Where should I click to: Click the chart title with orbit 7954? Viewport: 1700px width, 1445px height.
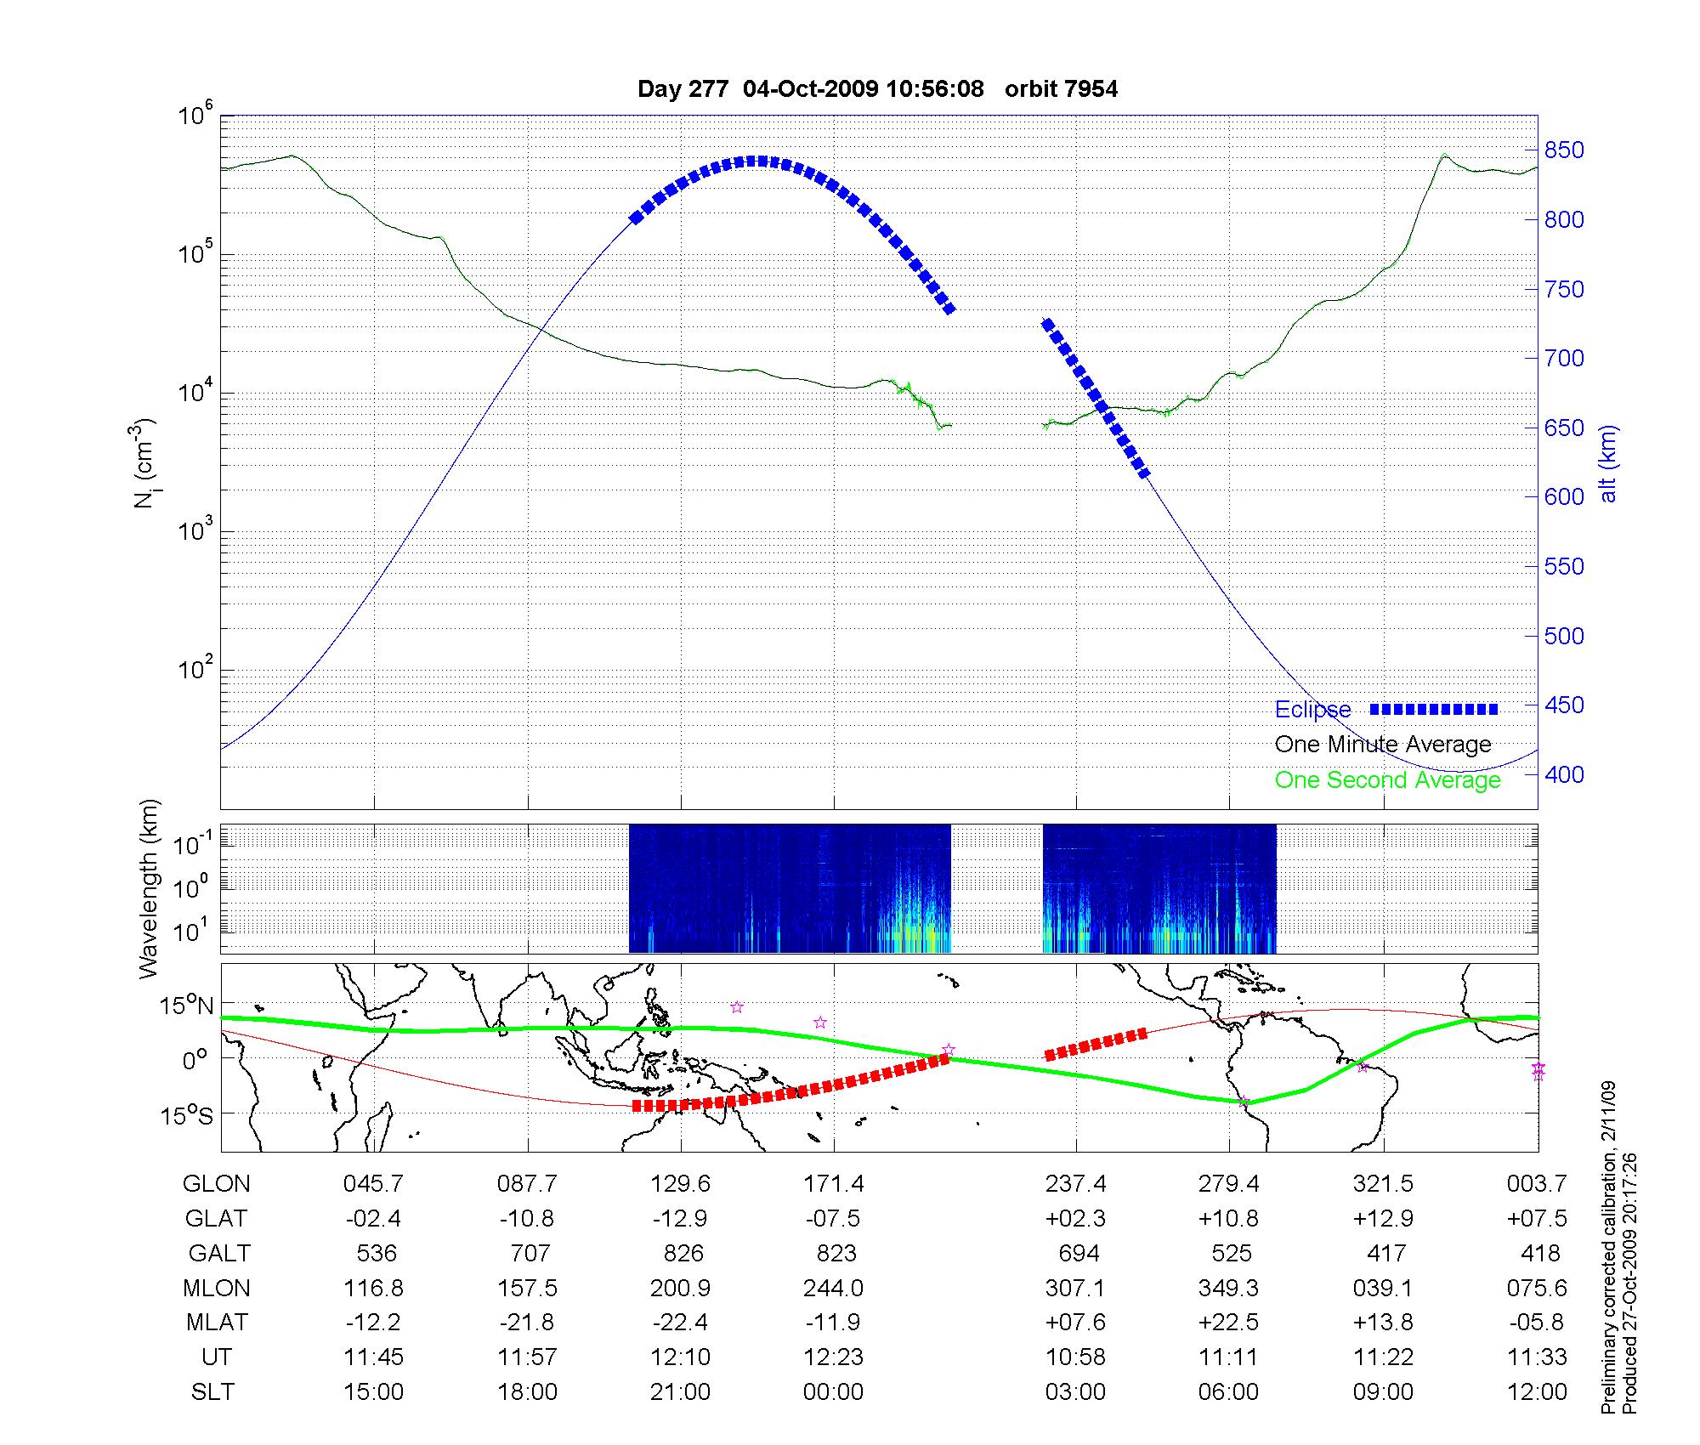(x=877, y=88)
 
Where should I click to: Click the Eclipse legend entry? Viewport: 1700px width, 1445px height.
(x=1312, y=710)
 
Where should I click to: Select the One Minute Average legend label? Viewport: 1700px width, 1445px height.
(x=1383, y=745)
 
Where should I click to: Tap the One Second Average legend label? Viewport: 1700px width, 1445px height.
(x=1387, y=780)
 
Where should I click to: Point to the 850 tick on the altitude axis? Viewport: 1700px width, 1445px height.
(x=1564, y=150)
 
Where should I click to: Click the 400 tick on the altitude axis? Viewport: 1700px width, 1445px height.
(x=1564, y=774)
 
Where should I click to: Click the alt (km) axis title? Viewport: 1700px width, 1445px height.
(x=1608, y=463)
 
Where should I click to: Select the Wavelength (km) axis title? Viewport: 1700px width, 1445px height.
(x=150, y=888)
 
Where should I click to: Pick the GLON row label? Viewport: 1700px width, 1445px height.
(x=217, y=1184)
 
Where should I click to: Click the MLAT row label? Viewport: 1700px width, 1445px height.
(x=217, y=1323)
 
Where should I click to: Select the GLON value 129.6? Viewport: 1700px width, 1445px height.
(x=680, y=1184)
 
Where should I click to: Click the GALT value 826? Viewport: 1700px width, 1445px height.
(x=683, y=1254)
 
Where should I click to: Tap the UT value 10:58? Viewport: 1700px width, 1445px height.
(x=1075, y=1357)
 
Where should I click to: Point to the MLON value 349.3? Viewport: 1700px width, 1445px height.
(x=1228, y=1289)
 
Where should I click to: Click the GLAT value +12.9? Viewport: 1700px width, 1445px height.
(x=1383, y=1219)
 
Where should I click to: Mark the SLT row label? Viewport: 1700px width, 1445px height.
(x=212, y=1392)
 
